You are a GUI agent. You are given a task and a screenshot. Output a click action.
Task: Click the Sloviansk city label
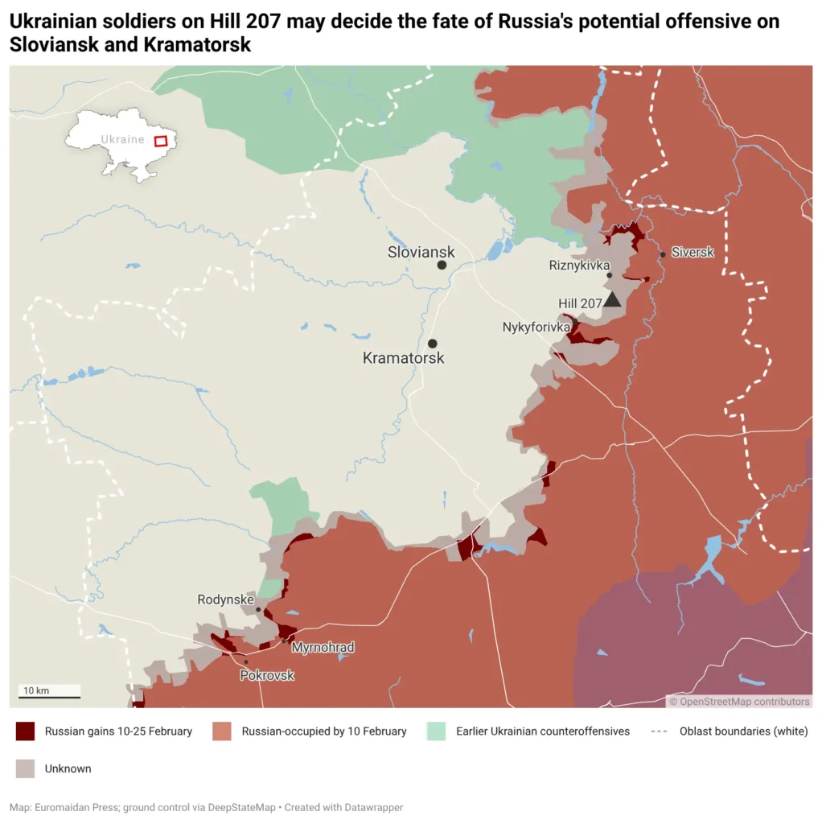tap(421, 252)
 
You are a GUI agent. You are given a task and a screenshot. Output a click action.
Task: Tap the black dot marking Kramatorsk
tap(433, 344)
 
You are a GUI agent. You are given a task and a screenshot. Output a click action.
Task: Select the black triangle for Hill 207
tap(612, 300)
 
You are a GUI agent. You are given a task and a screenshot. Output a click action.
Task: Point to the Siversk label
tap(692, 253)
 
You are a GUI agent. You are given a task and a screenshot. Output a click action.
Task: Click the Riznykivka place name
tap(579, 265)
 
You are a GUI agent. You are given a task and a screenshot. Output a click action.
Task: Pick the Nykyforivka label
tap(536, 328)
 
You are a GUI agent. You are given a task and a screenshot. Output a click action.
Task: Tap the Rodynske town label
tap(225, 599)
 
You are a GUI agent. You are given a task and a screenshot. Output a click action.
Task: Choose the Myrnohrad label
tap(323, 647)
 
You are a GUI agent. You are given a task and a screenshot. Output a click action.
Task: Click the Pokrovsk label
tap(267, 675)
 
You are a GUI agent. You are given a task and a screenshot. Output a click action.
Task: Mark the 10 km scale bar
tap(49, 696)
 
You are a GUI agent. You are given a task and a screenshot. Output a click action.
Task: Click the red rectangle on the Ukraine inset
tap(161, 141)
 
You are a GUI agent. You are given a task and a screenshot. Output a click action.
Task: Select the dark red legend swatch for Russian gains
tap(26, 731)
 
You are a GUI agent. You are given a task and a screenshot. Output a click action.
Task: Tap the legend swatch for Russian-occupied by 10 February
tap(222, 731)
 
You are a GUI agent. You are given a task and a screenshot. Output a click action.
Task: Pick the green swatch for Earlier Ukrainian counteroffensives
tap(436, 731)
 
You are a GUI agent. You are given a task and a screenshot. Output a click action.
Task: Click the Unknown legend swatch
tap(26, 768)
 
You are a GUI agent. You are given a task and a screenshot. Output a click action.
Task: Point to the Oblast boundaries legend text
tap(743, 731)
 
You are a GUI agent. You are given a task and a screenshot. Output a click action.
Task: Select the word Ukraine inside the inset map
tap(122, 139)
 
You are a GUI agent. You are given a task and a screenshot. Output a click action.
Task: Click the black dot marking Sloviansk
tap(442, 265)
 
